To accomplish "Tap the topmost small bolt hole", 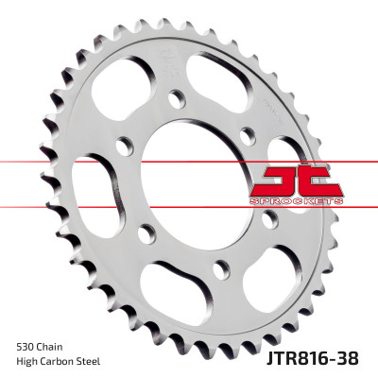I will (175, 98).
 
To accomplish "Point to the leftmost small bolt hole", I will (122, 145).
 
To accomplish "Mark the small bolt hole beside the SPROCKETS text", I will (269, 217).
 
